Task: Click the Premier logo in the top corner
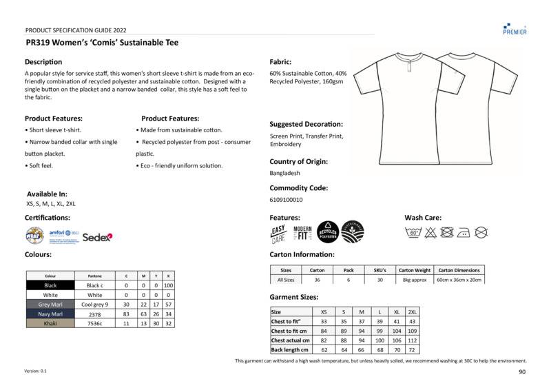514,28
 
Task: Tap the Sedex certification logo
97,237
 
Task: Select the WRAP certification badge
34,236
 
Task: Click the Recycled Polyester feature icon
327,232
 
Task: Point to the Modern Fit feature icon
302,233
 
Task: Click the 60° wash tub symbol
414,233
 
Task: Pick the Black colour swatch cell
50,285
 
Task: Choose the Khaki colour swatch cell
50,323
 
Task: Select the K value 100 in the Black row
168,285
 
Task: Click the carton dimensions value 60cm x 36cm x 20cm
459,280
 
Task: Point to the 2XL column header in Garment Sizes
412,312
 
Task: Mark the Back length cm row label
289,350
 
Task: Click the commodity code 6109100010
287,200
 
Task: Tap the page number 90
522,372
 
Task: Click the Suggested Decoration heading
306,124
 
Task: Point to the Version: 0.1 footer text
36,371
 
